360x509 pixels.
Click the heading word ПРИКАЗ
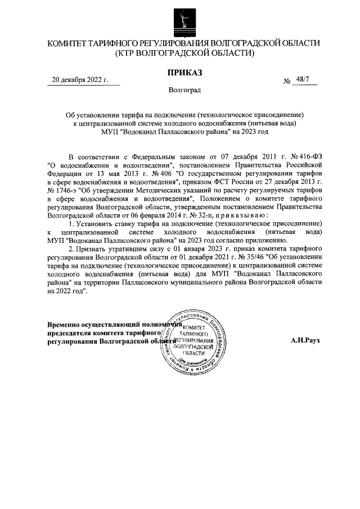point(184,72)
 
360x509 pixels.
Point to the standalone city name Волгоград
point(184,89)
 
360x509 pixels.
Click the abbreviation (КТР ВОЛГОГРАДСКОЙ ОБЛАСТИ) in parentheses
point(184,53)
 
